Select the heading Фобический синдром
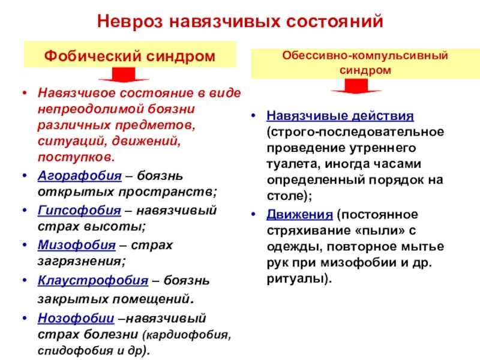[130, 56]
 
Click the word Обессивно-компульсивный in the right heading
[365, 55]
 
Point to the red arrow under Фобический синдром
[124, 74]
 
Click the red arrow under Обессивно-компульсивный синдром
[356, 86]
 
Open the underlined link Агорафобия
[80, 176]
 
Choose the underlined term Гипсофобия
[79, 211]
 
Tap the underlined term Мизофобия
[77, 245]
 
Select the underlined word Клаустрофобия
[93, 280]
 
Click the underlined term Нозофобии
[76, 319]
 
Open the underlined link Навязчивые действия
[340, 116]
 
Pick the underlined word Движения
[299, 214]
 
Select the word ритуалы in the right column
[295, 278]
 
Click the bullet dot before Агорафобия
[25, 175]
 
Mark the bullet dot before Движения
[253, 214]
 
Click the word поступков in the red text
[74, 157]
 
